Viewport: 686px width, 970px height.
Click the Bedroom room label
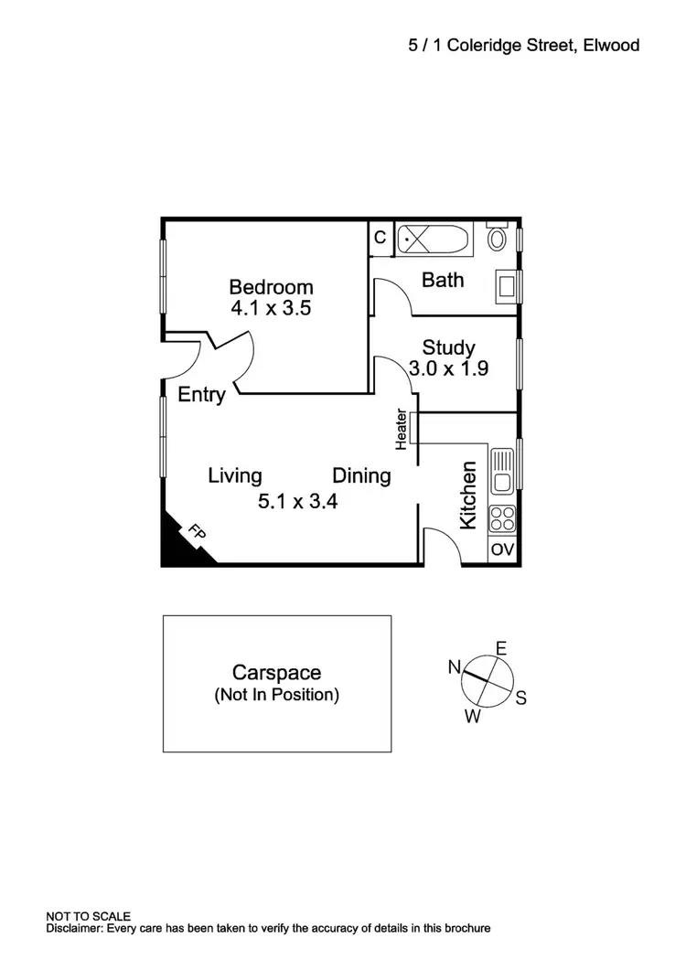(271, 287)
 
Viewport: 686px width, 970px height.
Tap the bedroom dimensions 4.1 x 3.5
(271, 308)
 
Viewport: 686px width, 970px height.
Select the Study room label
(448, 347)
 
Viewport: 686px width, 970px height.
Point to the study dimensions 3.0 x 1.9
(450, 369)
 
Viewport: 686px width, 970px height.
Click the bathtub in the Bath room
(433, 240)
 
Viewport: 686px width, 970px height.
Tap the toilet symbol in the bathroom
(498, 239)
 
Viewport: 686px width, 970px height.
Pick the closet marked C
(381, 238)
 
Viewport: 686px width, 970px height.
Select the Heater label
(401, 430)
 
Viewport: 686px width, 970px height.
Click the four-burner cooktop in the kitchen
(502, 519)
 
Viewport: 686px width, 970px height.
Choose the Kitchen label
(468, 496)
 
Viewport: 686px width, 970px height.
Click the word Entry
(201, 395)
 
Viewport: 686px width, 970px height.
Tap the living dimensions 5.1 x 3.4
(298, 501)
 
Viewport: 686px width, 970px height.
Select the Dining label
(361, 476)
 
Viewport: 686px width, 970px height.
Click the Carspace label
(276, 673)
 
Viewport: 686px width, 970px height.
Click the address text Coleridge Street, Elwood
(541, 44)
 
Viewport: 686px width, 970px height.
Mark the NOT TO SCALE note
(89, 916)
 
